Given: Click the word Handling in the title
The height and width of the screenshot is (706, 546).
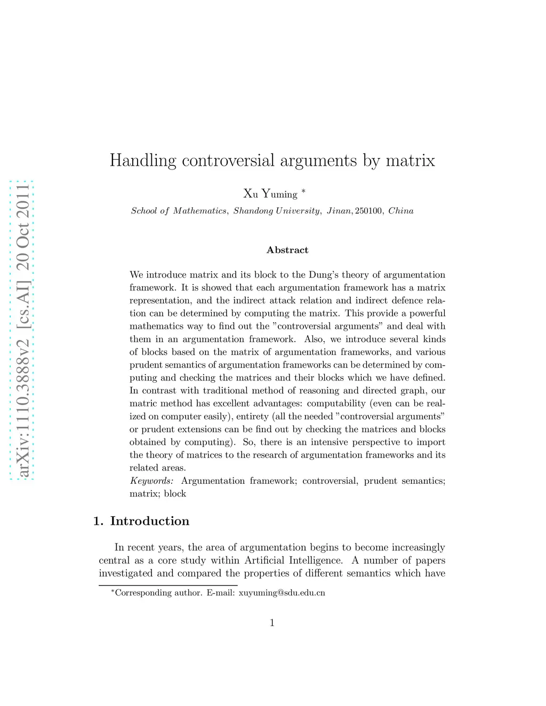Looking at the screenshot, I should [x=142, y=160].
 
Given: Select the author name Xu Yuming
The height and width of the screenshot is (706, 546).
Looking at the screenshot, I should [x=270, y=194].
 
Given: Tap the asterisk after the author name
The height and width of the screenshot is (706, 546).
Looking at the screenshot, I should [x=303, y=191].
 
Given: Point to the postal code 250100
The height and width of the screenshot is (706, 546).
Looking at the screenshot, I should [x=368, y=211].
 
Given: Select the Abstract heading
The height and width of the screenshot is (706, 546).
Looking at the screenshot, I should [x=287, y=250].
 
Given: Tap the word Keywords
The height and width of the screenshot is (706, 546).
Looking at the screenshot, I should [x=151, y=481].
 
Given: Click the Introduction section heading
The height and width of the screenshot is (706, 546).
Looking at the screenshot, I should [x=149, y=521].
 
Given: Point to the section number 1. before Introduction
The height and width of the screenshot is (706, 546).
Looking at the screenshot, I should [x=98, y=521].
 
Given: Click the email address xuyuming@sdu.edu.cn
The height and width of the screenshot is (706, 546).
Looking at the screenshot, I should [x=282, y=593].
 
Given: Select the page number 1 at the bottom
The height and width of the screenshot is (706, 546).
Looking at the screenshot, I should [x=272, y=622].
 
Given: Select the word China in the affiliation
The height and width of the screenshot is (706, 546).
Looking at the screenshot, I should [x=400, y=211].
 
